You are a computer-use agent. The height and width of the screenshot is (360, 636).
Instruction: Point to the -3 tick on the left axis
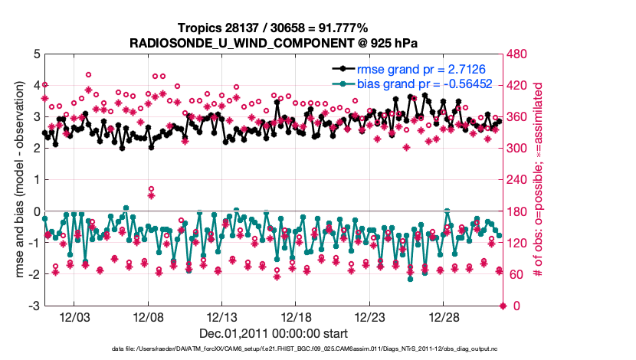(34, 306)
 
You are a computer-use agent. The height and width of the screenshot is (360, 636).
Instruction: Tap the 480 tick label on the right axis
(519, 54)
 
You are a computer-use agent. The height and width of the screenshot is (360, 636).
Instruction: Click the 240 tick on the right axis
(519, 181)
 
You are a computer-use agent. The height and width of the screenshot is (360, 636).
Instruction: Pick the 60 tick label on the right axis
(516, 275)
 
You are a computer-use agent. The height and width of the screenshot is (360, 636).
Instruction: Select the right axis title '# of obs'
(546, 180)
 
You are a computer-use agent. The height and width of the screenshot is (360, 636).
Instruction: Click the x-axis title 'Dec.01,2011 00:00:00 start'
(274, 333)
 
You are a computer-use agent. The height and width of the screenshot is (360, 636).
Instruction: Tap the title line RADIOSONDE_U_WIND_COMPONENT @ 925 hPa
(274, 41)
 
